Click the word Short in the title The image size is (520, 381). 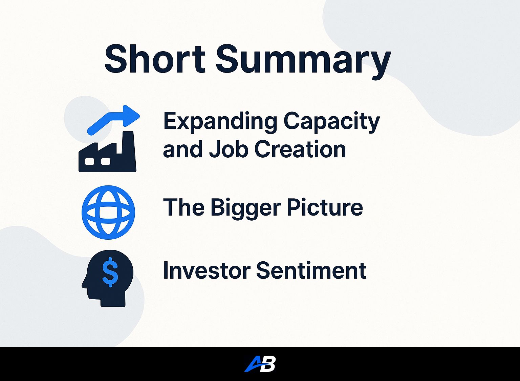point(155,59)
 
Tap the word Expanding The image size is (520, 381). point(220,123)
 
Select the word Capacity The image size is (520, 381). point(332,123)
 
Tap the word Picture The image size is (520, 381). point(325,207)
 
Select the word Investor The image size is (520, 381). point(207,270)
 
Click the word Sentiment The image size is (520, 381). point(311,270)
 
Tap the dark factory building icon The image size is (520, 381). point(107,152)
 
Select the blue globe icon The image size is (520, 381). point(108,212)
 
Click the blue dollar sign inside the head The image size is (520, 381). point(110,272)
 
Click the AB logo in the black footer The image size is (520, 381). point(260,364)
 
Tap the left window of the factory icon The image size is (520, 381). point(89,161)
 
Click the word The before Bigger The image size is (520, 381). point(183,207)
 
